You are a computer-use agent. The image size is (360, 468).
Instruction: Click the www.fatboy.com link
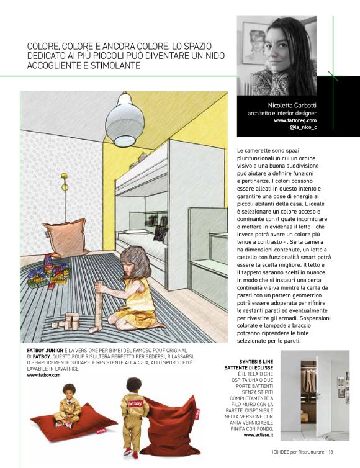coord(43,375)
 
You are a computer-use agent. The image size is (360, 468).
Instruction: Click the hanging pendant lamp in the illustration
coord(124,121)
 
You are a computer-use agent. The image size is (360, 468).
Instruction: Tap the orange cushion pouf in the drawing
coord(64,238)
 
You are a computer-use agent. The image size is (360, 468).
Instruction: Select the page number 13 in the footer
coord(331,451)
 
